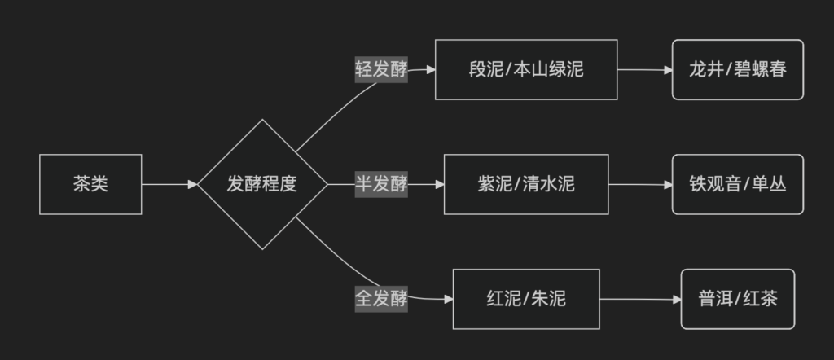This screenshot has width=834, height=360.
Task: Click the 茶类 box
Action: coord(90,184)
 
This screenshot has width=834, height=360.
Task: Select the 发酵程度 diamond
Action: coord(261,184)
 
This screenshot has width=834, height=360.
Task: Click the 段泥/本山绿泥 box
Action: coord(526,69)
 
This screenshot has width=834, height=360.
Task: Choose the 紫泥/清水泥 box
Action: coord(526,184)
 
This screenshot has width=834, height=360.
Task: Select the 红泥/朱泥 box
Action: coord(526,299)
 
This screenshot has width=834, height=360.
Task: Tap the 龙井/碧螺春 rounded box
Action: coord(738,69)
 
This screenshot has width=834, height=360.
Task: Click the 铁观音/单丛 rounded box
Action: coord(738,184)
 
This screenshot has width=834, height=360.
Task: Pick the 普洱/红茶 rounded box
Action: coord(738,299)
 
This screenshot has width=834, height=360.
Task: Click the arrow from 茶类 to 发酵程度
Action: coord(169,184)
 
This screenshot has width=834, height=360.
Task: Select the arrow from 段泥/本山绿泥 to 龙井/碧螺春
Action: coord(644,69)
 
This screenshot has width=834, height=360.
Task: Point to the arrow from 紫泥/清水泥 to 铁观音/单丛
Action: coord(640,184)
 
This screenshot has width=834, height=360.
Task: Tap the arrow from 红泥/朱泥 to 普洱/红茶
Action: coord(640,299)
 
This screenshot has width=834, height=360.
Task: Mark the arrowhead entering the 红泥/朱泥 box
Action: coord(448,299)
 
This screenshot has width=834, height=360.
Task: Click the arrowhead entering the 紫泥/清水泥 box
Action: coord(439,184)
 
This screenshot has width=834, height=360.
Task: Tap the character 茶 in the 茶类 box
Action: coord(81,184)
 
